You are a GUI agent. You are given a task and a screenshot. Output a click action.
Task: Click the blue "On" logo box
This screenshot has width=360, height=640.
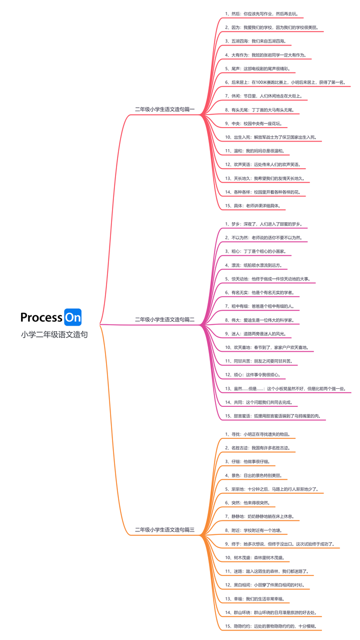[x=72, y=317]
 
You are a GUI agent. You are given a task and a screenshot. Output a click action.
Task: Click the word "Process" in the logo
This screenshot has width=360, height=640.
[x=41, y=317]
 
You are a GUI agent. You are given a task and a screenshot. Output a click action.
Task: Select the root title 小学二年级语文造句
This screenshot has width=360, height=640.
[x=54, y=335]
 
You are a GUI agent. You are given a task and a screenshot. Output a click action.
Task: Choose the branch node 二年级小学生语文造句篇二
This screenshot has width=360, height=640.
[x=164, y=319]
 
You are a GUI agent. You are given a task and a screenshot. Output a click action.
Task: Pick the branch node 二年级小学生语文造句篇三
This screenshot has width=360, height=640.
[x=164, y=529]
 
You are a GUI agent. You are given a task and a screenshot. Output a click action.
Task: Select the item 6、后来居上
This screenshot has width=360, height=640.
[x=284, y=82]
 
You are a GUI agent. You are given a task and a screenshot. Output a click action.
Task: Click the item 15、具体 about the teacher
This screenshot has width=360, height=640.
[x=255, y=206]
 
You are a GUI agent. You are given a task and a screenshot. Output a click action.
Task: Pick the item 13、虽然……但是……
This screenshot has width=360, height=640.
[x=284, y=388]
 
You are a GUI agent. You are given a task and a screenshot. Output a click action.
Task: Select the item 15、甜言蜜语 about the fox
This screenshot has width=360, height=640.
[x=272, y=416]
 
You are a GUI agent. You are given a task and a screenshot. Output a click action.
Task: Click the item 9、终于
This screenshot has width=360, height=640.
[x=279, y=543]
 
